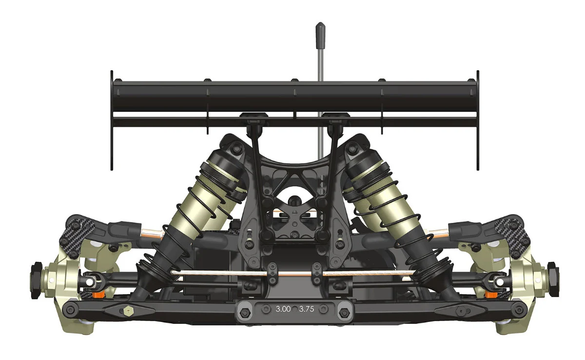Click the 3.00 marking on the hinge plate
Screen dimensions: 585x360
pyautogui.click(x=283, y=309)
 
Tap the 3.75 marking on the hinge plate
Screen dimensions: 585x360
pyautogui.click(x=306, y=309)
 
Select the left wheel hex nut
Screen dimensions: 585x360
pyautogui.click(x=36, y=280)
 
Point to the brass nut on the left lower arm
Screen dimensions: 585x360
pyautogui.click(x=128, y=311)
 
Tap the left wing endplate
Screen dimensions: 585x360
pyautogui.click(x=112, y=120)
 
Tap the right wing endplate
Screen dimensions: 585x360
pyautogui.click(x=478, y=120)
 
